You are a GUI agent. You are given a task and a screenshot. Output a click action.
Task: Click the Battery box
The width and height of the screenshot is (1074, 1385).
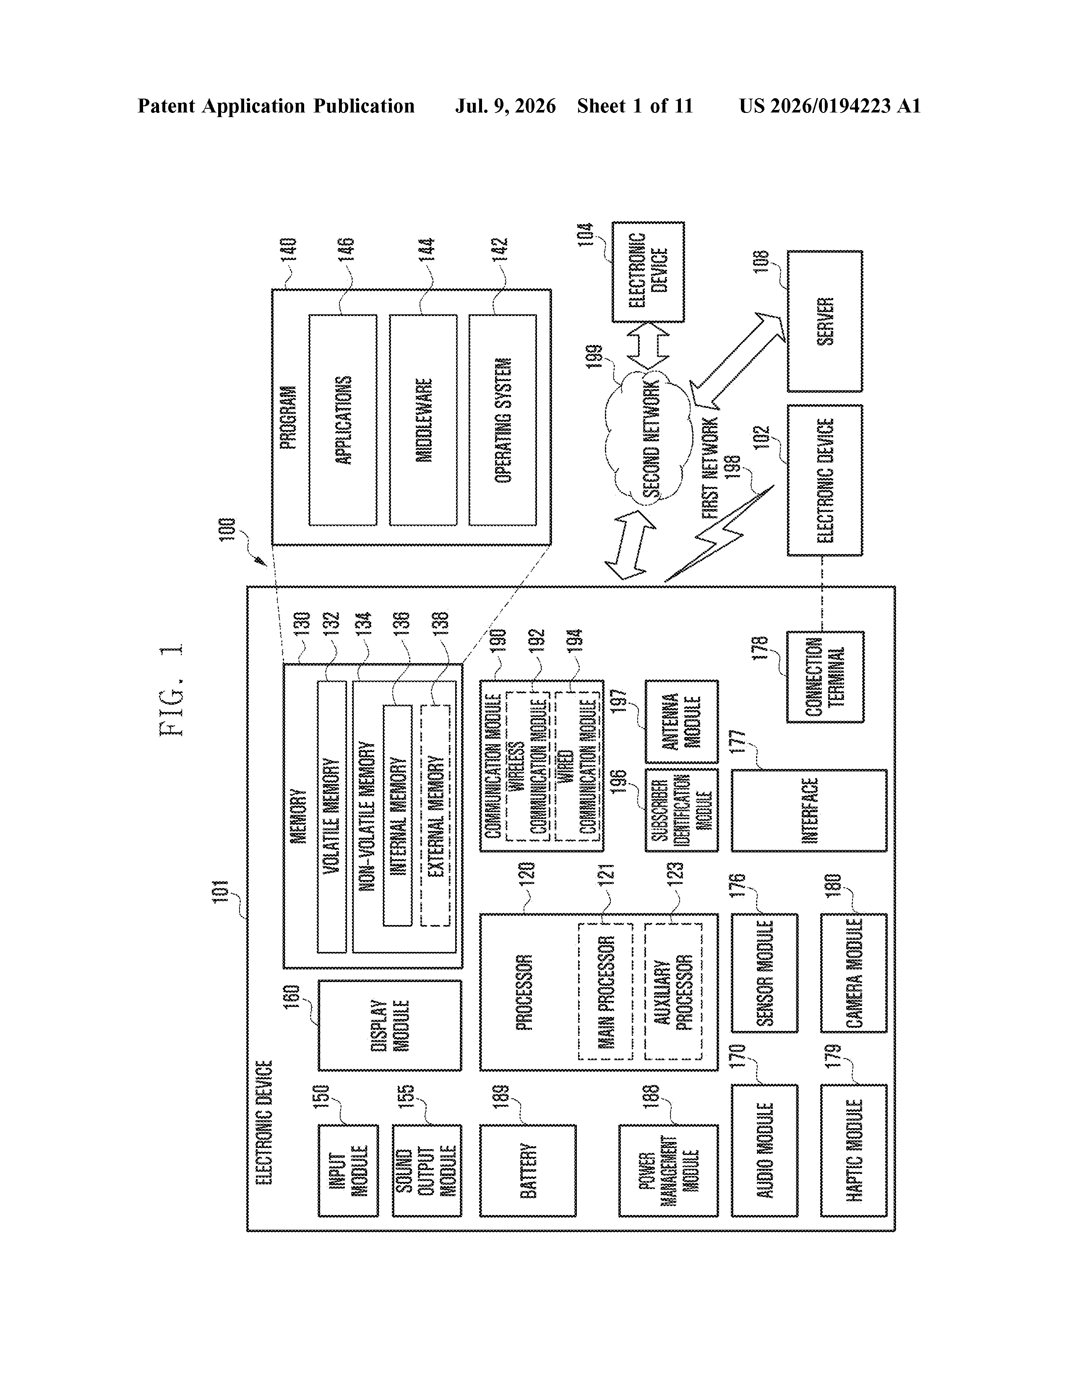527,1171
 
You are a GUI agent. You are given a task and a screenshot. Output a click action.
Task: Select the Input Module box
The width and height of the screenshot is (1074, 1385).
348,1171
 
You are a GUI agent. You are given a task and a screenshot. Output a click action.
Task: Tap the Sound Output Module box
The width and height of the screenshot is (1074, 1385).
427,1171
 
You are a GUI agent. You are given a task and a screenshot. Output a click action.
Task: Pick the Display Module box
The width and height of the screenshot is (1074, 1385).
390,1025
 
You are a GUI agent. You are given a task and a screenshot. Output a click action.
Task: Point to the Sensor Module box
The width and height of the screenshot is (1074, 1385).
765,973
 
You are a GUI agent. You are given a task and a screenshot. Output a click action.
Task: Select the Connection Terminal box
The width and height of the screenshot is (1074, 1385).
825,677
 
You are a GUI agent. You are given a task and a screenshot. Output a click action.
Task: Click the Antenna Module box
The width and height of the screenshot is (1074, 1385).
682,722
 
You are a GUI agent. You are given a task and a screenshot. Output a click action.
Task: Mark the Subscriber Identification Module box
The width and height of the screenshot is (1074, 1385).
682,810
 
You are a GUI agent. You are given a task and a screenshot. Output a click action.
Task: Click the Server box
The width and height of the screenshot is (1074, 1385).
825,321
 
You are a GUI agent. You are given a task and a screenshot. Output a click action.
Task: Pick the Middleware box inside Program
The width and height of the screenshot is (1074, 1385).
423,420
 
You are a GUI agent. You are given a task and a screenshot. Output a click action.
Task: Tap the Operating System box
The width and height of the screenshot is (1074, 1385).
503,420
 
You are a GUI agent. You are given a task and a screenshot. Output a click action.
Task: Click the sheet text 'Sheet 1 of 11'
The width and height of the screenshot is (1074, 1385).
635,106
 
